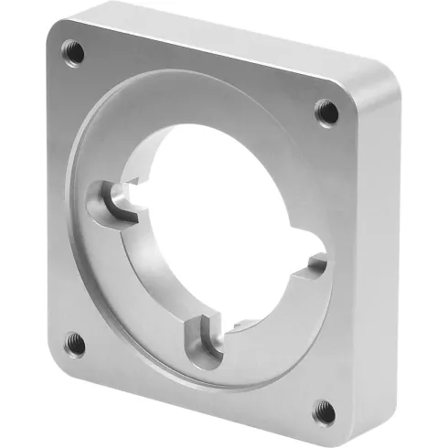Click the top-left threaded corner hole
[x=73, y=51]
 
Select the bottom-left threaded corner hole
[x=77, y=345]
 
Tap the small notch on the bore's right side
[x=318, y=265]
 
